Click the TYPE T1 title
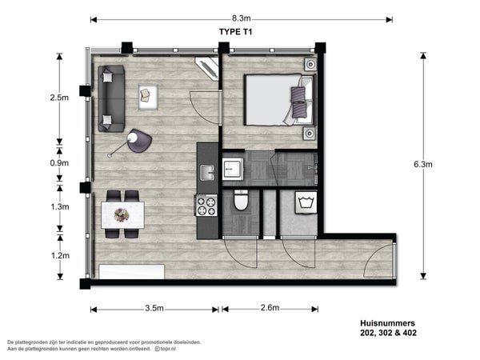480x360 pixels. [235, 32]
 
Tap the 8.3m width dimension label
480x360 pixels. [241, 18]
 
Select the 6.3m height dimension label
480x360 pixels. [423, 164]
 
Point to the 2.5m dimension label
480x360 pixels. [59, 98]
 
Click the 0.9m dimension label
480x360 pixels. [59, 163]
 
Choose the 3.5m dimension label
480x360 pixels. [154, 308]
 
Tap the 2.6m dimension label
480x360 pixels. [270, 308]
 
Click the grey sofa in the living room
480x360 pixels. [111, 98]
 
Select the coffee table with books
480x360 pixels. [148, 97]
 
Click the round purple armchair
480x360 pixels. [139, 141]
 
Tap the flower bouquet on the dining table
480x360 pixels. [122, 215]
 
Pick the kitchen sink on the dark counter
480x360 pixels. [207, 173]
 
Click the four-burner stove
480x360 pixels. [206, 206]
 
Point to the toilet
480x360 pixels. [241, 201]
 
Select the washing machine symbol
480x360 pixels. [306, 202]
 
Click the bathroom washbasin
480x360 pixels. [233, 169]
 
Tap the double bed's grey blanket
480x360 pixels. [270, 100]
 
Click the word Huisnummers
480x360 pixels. [387, 323]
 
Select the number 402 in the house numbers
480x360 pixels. [410, 333]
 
